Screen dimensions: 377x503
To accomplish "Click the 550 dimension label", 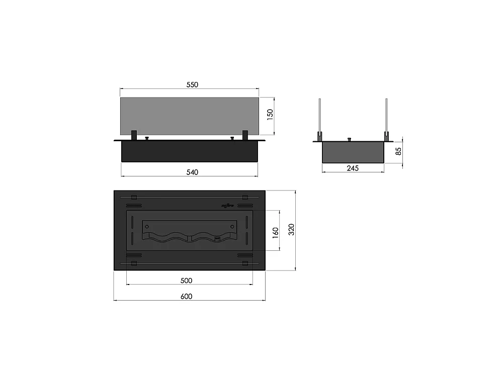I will click(x=192, y=85).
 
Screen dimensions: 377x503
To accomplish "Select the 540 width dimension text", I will click(x=192, y=172).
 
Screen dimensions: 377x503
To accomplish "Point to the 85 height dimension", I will click(x=399, y=151).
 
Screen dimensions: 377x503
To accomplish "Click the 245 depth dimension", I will click(x=353, y=168).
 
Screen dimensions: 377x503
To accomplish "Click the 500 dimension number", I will click(x=186, y=280).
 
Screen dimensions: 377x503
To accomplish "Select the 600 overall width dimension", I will click(x=186, y=297).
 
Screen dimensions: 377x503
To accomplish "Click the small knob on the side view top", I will click(x=350, y=139).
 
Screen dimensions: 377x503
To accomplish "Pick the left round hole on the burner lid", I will click(x=147, y=227).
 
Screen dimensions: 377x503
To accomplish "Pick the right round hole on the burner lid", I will click(x=232, y=227).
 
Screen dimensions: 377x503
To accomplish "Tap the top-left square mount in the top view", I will click(x=134, y=197).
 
